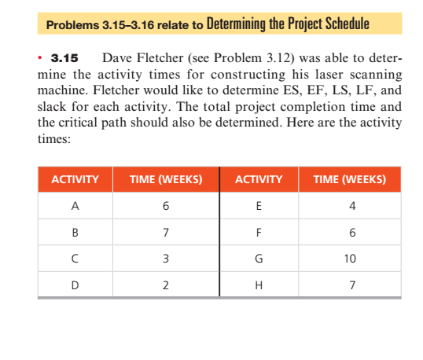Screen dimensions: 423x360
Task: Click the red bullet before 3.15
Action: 41,58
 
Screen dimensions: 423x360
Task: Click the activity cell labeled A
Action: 75,207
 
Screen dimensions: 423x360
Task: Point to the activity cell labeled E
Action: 259,207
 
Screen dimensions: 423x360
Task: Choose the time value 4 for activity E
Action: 351,207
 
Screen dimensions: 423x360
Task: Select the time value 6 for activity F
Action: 351,233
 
